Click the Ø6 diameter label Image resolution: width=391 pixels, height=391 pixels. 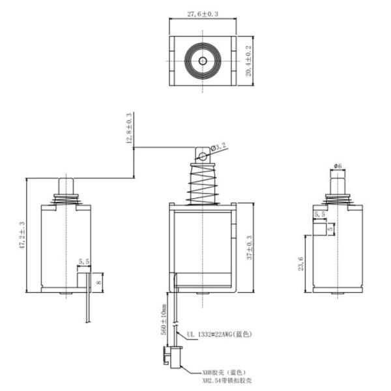(x=338, y=166)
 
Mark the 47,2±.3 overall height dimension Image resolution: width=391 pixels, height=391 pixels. (x=22, y=236)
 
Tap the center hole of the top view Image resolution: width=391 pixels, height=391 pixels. (x=202, y=61)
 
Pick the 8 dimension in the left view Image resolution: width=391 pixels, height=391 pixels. (x=99, y=282)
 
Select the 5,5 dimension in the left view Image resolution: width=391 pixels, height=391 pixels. (x=84, y=262)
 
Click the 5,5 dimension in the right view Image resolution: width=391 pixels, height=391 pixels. (x=320, y=214)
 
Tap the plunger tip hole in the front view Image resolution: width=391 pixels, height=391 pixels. (x=203, y=156)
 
